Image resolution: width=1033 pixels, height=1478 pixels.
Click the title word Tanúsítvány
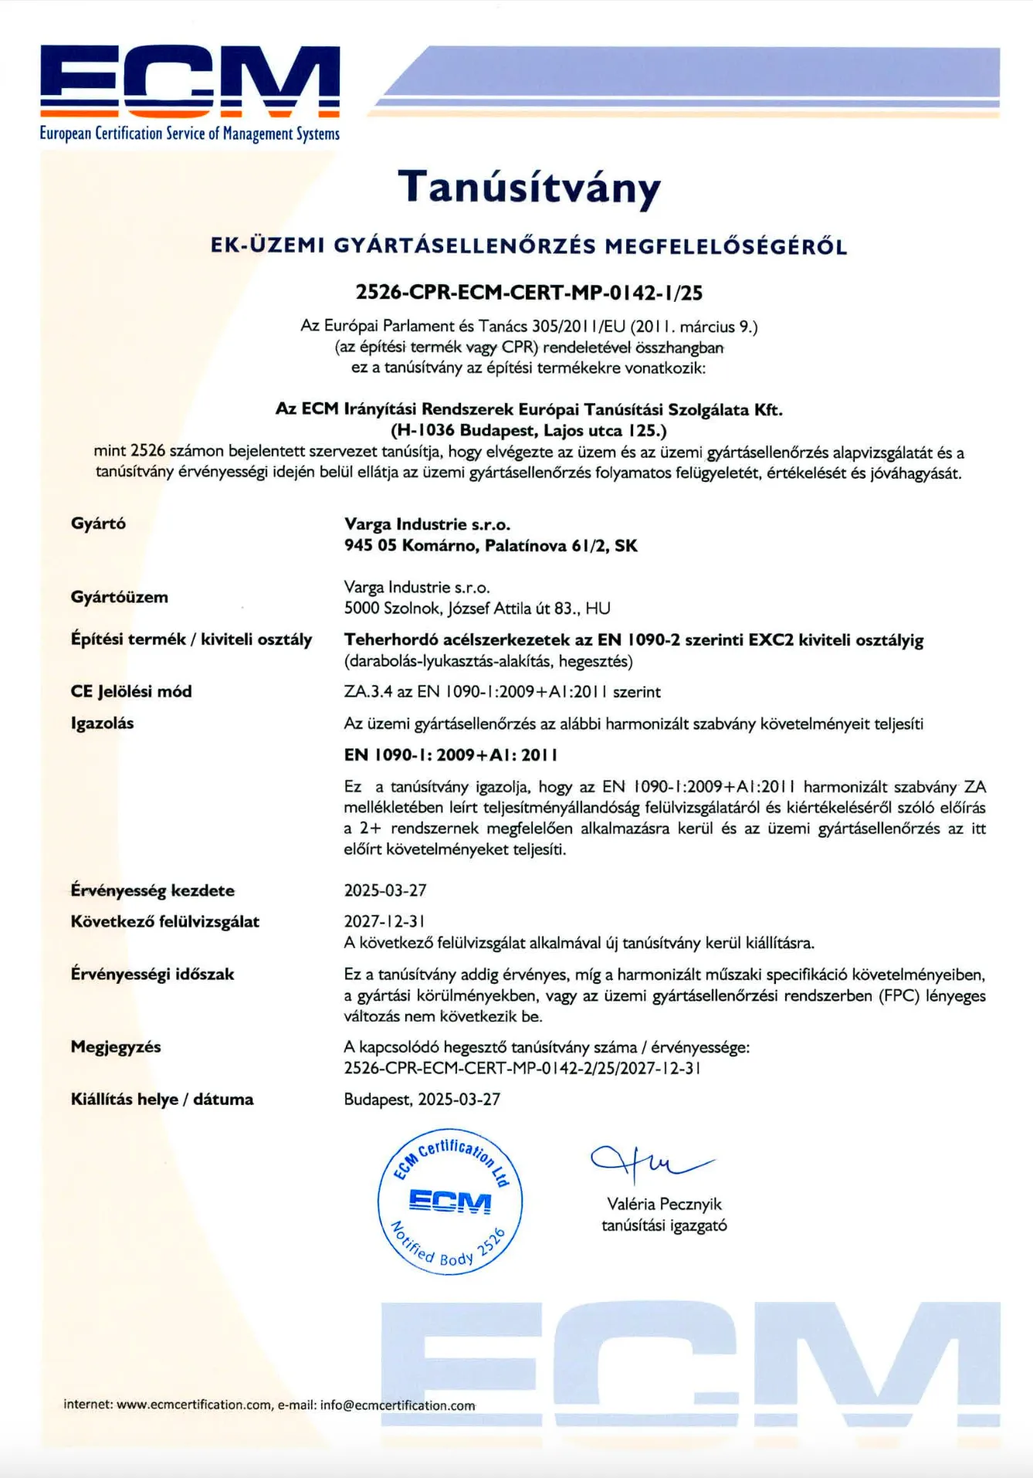[530, 188]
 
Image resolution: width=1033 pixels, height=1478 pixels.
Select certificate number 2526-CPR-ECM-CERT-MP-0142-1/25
[529, 293]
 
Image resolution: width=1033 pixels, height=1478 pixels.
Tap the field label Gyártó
[98, 524]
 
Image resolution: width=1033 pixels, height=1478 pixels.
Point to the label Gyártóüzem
[119, 597]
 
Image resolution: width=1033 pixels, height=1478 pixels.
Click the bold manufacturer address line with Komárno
[491, 546]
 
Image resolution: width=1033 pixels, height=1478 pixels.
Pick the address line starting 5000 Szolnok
[477, 608]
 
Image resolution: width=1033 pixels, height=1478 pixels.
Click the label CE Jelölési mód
[131, 691]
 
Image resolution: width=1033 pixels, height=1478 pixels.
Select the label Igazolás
[102, 724]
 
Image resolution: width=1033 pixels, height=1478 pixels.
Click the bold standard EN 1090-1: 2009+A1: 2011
[451, 755]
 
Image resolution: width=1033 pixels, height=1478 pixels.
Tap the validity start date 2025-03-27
[385, 890]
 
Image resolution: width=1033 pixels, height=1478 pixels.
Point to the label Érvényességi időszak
[152, 975]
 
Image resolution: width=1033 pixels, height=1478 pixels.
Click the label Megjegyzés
[116, 1047]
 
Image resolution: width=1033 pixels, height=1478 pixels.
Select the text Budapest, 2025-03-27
[422, 1100]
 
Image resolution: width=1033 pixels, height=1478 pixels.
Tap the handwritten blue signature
[649, 1162]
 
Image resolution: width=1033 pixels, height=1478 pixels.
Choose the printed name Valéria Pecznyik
[664, 1204]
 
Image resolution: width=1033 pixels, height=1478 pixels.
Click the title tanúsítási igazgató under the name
[664, 1225]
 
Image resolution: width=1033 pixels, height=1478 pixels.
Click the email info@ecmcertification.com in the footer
[398, 1405]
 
